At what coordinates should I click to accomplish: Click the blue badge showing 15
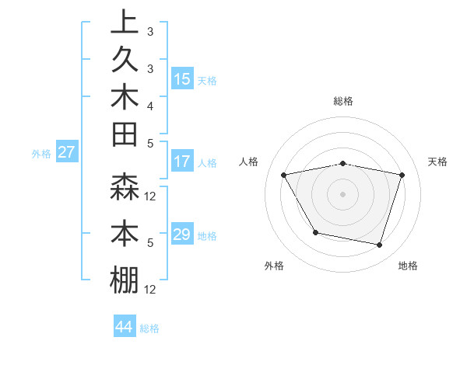tap(182, 79)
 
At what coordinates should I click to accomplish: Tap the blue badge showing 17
tap(182, 162)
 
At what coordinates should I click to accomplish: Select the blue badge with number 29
tap(182, 235)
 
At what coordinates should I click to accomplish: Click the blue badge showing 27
tap(66, 153)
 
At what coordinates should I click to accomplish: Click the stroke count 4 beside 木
tap(150, 106)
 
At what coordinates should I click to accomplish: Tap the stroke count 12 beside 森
tap(150, 196)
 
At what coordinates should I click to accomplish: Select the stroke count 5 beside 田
tap(150, 143)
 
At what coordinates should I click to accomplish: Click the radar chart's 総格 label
tap(343, 101)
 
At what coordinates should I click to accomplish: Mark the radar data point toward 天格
tap(402, 175)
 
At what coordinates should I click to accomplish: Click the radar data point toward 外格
tap(315, 232)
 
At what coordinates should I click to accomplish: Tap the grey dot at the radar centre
tap(343, 193)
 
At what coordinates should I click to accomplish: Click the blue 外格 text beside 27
tap(41, 154)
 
